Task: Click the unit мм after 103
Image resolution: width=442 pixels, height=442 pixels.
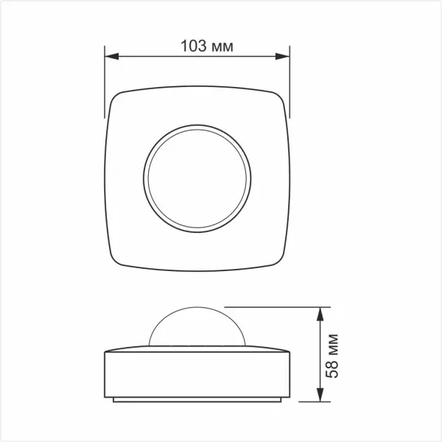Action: pos(222,46)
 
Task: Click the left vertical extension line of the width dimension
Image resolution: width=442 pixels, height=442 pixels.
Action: pos(104,81)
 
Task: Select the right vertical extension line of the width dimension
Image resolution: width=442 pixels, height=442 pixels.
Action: pos(289,81)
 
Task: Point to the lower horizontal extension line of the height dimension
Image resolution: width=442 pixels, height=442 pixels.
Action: pos(309,402)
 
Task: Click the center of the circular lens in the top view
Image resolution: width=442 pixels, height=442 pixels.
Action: pos(196,179)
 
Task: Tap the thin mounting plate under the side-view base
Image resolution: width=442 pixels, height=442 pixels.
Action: pos(196,400)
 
